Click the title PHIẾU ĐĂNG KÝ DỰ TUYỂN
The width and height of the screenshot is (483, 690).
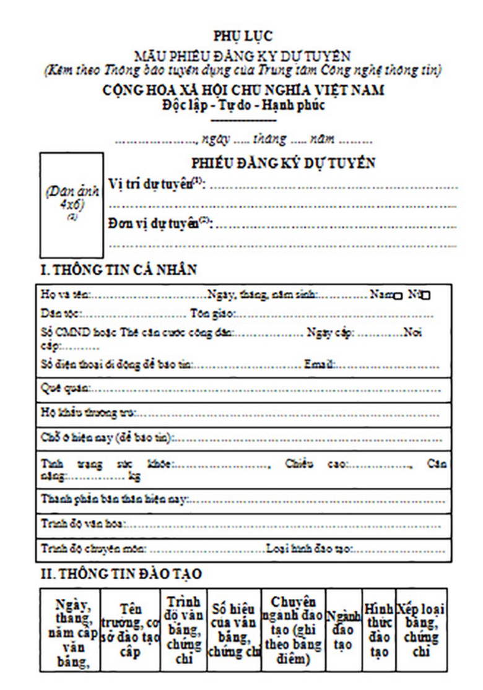283,163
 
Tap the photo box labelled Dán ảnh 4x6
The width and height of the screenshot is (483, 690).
71,205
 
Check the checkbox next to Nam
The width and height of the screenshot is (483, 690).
398,296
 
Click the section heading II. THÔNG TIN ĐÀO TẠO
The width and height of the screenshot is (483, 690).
121,574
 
